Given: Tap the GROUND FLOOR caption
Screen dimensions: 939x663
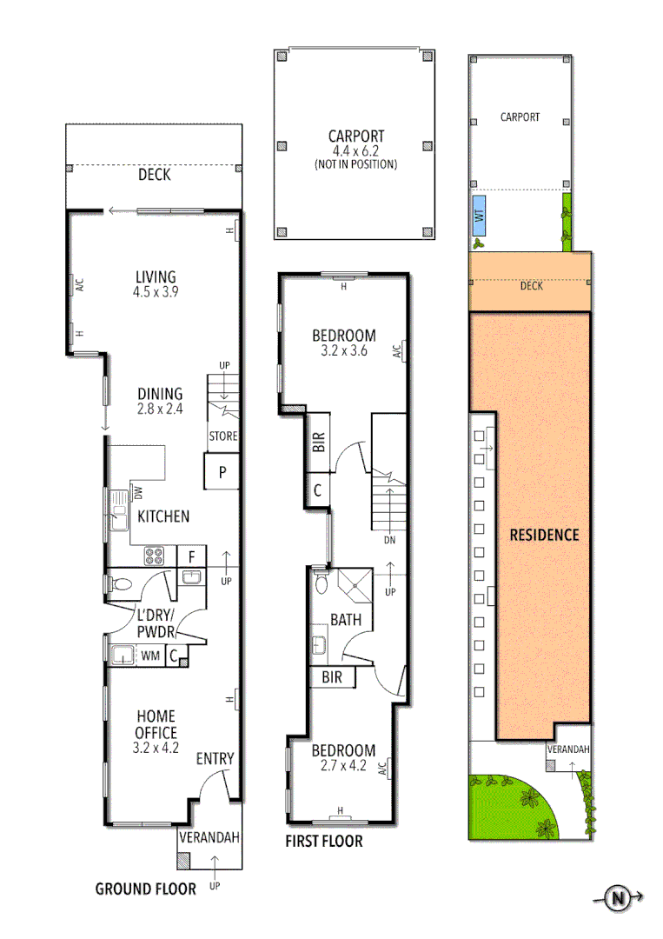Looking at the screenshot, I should (145, 889).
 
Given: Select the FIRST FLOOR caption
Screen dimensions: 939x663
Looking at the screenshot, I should (324, 842).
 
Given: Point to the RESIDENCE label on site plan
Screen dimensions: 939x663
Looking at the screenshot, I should (544, 535).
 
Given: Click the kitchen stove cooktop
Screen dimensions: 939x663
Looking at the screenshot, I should (155, 555).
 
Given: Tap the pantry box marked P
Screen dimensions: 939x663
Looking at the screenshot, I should (222, 473).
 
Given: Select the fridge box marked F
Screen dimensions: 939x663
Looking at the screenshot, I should (191, 555).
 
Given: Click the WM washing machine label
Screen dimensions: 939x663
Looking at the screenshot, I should (150, 656).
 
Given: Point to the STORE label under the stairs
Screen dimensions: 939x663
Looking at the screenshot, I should (222, 436).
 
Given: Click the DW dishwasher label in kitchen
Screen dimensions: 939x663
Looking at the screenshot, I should (137, 493).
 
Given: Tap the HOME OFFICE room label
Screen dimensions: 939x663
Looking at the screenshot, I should (156, 723).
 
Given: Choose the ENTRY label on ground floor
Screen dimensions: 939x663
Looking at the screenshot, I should (215, 759).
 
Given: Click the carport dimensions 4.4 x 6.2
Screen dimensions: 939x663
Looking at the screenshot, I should (355, 151).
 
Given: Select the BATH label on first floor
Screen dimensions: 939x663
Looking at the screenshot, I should (346, 621).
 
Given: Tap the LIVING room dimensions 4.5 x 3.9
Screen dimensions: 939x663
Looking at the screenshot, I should (156, 292).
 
